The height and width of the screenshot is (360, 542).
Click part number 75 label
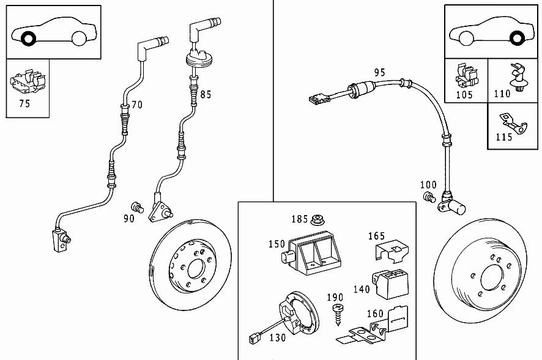pyautogui.click(x=24, y=103)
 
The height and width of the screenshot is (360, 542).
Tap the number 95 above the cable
pyautogui.click(x=379, y=73)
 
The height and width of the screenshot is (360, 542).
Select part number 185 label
pyautogui.click(x=299, y=218)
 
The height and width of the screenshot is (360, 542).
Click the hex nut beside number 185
pyautogui.click(x=317, y=218)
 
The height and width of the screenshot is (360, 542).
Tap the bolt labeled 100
pyautogui.click(x=429, y=197)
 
